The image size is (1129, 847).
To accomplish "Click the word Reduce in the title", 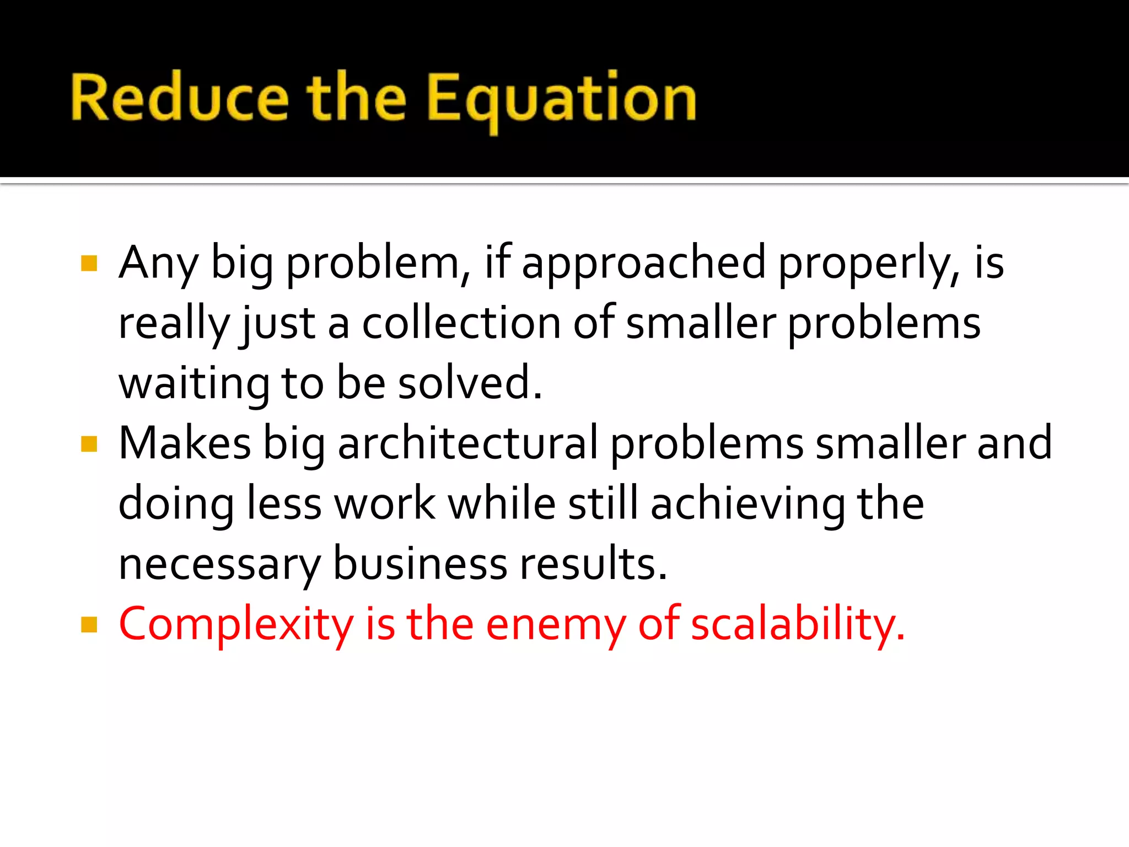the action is [x=179, y=98].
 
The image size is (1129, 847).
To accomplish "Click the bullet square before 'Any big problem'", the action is [x=89, y=263].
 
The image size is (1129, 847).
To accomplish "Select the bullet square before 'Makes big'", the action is [x=89, y=443].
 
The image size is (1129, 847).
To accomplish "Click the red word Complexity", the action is [x=236, y=625].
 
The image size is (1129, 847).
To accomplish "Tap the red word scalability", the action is [x=797, y=625].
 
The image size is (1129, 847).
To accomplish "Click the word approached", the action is [x=643, y=264].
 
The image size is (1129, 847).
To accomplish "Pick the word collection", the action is [x=461, y=323].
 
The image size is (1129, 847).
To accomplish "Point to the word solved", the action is [x=470, y=383].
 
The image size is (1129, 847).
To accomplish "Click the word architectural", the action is [x=467, y=443].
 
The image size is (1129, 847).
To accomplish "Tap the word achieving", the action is [x=747, y=504].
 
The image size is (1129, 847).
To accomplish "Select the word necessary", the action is [x=219, y=565].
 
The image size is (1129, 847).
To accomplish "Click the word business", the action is [x=420, y=564].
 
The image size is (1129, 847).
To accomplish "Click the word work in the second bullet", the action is [x=385, y=504].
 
